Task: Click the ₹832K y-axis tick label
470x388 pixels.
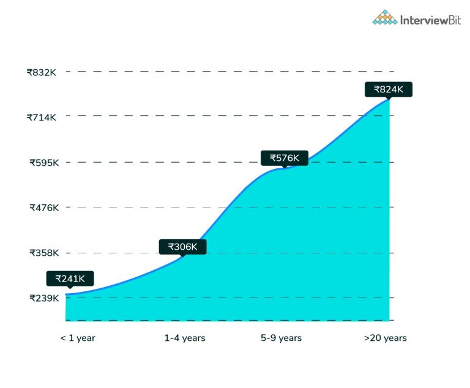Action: [x=42, y=72]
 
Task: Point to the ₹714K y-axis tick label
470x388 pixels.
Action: [x=42, y=117]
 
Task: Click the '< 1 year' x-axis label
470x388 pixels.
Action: [x=78, y=338]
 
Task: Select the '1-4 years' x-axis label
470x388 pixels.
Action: [x=185, y=338]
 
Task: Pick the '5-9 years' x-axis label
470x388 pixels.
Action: [x=281, y=338]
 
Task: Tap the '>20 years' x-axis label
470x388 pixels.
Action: [x=386, y=338]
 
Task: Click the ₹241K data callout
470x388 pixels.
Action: [x=70, y=279]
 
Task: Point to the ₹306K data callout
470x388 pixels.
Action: [x=183, y=247]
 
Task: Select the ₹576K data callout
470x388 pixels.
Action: [x=285, y=158]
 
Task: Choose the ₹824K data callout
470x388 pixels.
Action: [x=389, y=89]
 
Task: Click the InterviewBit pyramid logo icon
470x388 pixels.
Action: [x=385, y=18]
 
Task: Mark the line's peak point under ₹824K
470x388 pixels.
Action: [x=389, y=99]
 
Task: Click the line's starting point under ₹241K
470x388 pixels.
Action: [x=66, y=294]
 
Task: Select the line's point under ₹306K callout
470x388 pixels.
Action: [x=183, y=257]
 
